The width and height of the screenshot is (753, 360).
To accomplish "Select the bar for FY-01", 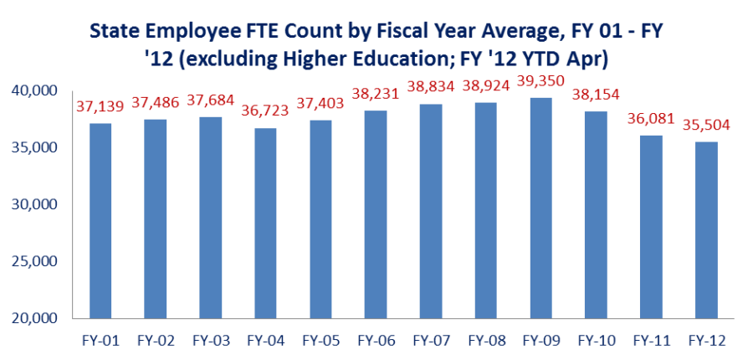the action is (x=101, y=221).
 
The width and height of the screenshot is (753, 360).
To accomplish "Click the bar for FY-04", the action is (x=265, y=223).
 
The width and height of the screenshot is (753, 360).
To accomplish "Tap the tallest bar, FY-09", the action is (x=540, y=208).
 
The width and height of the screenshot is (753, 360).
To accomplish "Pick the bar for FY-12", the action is (x=706, y=229).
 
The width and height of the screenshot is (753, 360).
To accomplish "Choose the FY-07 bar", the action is (x=431, y=211).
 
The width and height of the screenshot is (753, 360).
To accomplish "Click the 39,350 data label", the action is (x=540, y=80).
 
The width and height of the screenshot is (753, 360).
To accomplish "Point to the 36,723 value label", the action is (x=264, y=111).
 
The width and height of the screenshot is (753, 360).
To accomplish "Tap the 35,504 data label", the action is (x=706, y=125).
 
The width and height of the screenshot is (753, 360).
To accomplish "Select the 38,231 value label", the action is (x=376, y=93).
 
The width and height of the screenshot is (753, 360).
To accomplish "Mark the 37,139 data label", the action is (x=100, y=105).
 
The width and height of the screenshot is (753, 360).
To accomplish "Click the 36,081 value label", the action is (x=651, y=118).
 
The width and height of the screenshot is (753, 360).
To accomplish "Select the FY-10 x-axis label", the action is (x=596, y=342).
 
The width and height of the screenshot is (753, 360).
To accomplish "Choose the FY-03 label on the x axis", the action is (x=212, y=342).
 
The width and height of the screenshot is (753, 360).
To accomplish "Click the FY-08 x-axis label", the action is (x=486, y=342).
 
